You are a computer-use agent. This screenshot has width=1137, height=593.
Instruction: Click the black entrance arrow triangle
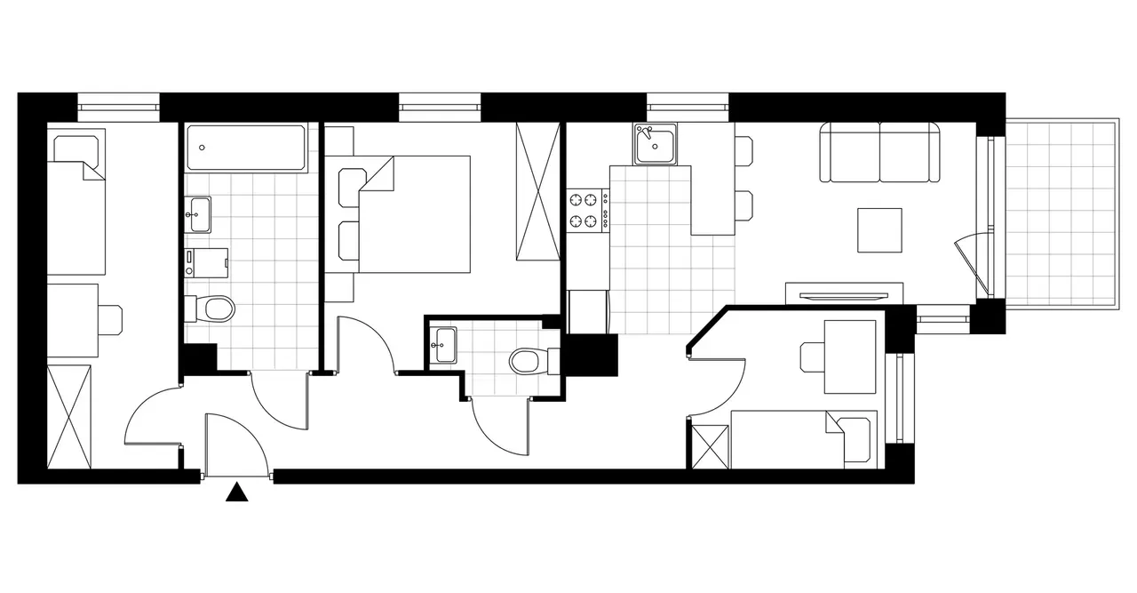click(x=236, y=493)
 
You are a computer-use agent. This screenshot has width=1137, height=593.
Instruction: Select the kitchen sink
click(x=656, y=144)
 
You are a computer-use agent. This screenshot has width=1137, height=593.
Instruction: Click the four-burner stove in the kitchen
click(x=587, y=211)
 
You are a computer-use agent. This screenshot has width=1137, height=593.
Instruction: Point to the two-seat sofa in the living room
click(x=879, y=153)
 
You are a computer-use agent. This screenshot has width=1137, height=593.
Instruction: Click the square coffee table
click(x=879, y=230)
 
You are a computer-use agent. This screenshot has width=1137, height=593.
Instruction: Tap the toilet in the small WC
click(x=529, y=361)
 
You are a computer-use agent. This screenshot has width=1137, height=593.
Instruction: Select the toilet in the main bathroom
click(x=212, y=309)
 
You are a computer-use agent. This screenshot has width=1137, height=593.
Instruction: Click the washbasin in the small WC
click(x=442, y=345)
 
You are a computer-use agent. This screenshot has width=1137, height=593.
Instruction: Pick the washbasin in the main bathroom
click(x=199, y=213)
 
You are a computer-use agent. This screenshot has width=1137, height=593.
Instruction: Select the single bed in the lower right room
click(x=804, y=438)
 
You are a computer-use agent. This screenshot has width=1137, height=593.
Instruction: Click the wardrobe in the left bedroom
click(x=69, y=415)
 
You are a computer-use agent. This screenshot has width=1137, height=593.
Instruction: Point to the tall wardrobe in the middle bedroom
click(x=537, y=191)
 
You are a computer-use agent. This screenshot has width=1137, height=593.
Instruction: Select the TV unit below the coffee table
click(x=844, y=292)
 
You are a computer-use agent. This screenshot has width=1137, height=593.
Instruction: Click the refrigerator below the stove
click(x=587, y=311)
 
